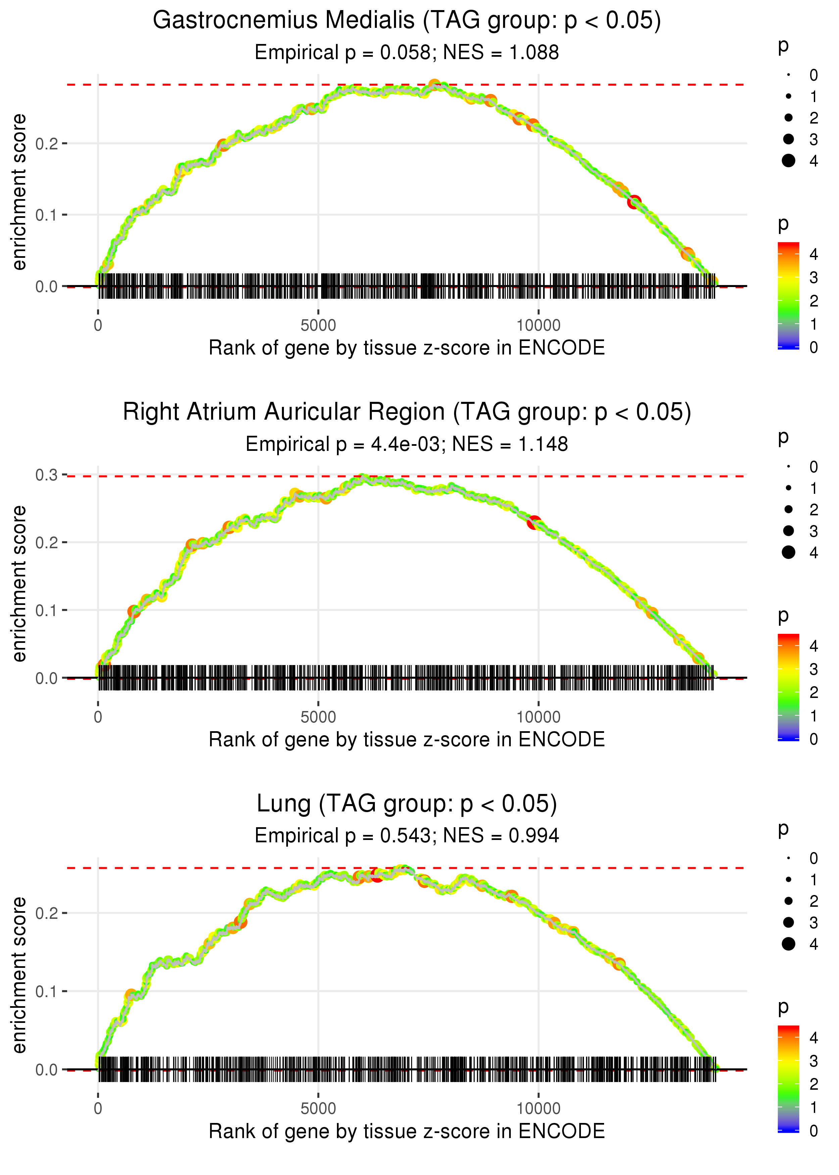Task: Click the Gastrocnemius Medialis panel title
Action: (x=407, y=21)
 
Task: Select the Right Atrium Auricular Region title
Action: (x=407, y=412)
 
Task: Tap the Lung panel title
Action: (x=407, y=804)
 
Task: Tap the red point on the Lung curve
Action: (x=377, y=875)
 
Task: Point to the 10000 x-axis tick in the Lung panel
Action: (x=538, y=1108)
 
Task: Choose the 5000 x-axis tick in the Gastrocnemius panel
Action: (x=318, y=326)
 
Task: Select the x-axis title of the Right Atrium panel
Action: (x=407, y=740)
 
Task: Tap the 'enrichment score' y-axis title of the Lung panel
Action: (x=19, y=975)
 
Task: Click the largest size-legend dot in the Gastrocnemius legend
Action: (x=788, y=161)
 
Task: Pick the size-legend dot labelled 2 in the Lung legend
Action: (x=788, y=901)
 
